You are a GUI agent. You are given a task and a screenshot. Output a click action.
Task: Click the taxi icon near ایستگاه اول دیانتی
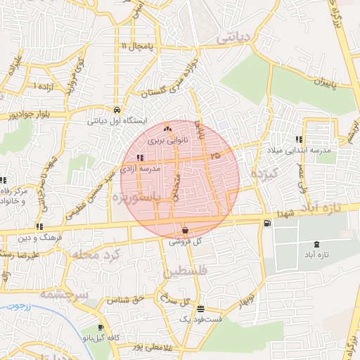(x=115, y=110)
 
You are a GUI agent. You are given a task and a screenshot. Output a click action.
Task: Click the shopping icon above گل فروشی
(x=185, y=230)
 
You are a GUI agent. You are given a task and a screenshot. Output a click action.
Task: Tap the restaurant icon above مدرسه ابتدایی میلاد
(x=299, y=139)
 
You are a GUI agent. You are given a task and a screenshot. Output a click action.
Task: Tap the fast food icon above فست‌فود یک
(x=201, y=309)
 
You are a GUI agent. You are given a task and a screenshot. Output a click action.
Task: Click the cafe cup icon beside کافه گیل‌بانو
(x=101, y=328)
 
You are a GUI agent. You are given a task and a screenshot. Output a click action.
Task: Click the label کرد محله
(x=101, y=253)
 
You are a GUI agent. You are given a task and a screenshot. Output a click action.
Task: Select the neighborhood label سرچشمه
(x=62, y=293)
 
